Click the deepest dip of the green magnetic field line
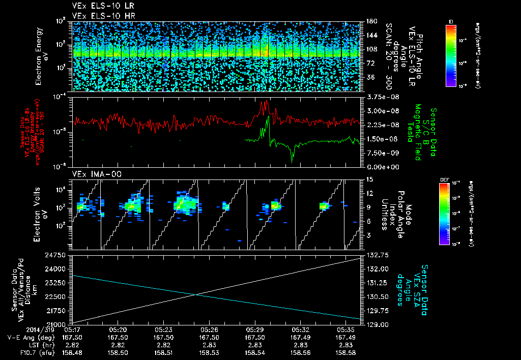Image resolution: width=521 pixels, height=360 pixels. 292,161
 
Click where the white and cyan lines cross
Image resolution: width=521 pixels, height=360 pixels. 196,294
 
